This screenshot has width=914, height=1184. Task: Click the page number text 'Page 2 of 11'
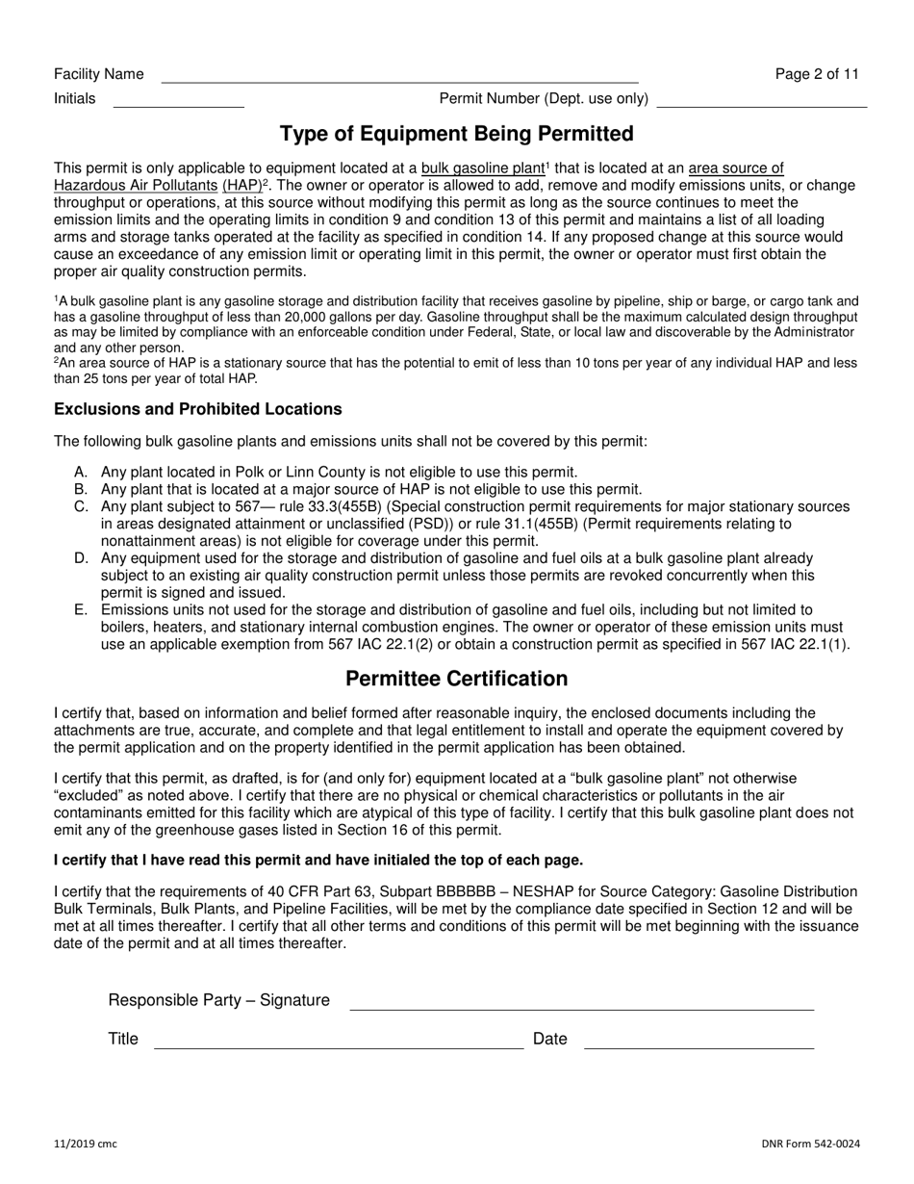tap(817, 74)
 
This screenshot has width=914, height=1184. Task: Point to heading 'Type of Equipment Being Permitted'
tap(456, 133)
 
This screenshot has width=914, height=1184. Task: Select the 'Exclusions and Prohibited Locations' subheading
tap(198, 409)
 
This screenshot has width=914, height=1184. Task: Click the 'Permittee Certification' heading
tap(456, 679)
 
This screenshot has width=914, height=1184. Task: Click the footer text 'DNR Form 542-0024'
tap(810, 1144)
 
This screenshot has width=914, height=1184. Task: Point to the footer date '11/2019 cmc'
tap(86, 1144)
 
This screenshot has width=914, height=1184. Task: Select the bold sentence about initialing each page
tap(318, 860)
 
